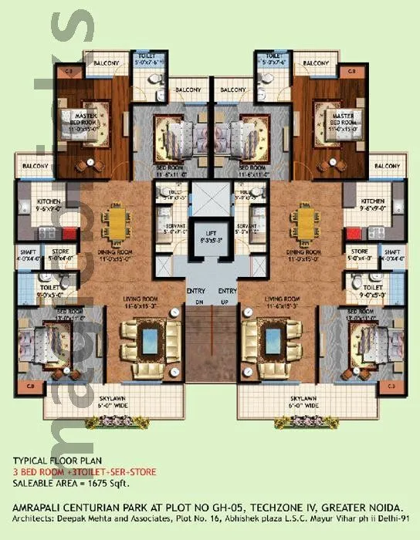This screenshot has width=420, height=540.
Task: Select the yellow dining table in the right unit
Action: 301,224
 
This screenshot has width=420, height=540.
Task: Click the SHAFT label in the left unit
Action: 26,251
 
